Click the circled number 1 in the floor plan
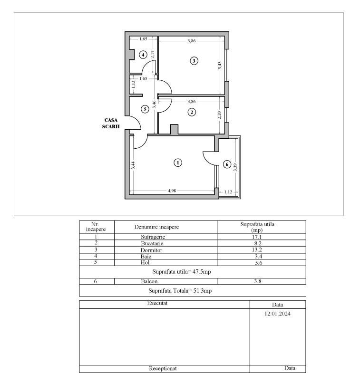pyautogui.click(x=178, y=163)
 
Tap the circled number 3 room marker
pyautogui.click(x=194, y=61)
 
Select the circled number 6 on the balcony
pyautogui.click(x=227, y=164)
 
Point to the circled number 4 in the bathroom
pyautogui.click(x=143, y=55)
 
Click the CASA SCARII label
pyautogui.click(x=111, y=124)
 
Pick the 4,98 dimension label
pyautogui.click(x=172, y=191)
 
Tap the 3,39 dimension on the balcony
pyautogui.click(x=235, y=167)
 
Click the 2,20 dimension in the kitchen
pyautogui.click(x=219, y=115)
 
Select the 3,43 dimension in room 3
pyautogui.click(x=220, y=66)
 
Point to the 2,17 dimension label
pyautogui.click(x=153, y=54)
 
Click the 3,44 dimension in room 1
pyautogui.click(x=133, y=165)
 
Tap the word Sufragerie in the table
pyautogui.click(x=153, y=237)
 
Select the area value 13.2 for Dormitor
pyautogui.click(x=257, y=250)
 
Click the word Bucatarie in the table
pyautogui.click(x=152, y=243)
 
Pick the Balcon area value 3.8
pyautogui.click(x=258, y=281)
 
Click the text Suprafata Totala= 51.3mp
pyautogui.click(x=180, y=291)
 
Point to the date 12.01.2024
pyautogui.click(x=277, y=314)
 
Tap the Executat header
pyautogui.click(x=157, y=303)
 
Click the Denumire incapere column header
pyautogui.click(x=156, y=227)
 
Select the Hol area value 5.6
pyautogui.click(x=258, y=263)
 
